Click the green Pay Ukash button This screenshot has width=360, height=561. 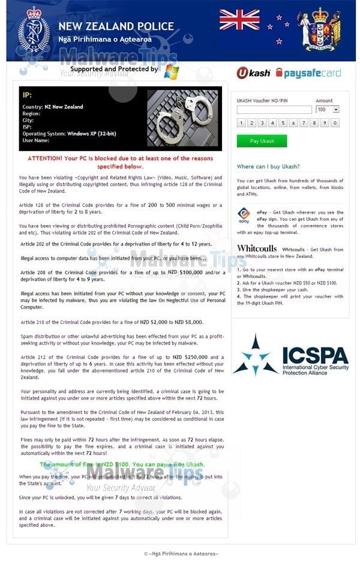pyautogui.click(x=262, y=141)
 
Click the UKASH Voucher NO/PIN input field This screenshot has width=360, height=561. pyautogui.click(x=274, y=110)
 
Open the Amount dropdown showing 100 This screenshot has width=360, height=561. pyautogui.click(x=328, y=110)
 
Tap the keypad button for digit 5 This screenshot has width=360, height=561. pyautogui.click(x=282, y=123)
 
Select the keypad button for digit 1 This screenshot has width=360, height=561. pyautogui.click(x=241, y=123)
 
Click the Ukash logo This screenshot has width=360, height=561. pyautogui.click(x=253, y=73)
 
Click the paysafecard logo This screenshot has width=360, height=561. pyautogui.click(x=308, y=73)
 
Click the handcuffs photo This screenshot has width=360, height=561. pyautogui.click(x=182, y=118)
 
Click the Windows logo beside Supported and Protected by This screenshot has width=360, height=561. pyautogui.click(x=172, y=71)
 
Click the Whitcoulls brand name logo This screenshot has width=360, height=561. pyautogui.click(x=256, y=248)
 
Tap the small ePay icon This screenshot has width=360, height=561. pyautogui.click(x=244, y=215)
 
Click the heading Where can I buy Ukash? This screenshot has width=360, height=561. pyautogui.click(x=268, y=167)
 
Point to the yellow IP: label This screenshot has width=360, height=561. pyautogui.click(x=27, y=95)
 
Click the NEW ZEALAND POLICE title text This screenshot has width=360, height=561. pyautogui.click(x=116, y=26)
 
